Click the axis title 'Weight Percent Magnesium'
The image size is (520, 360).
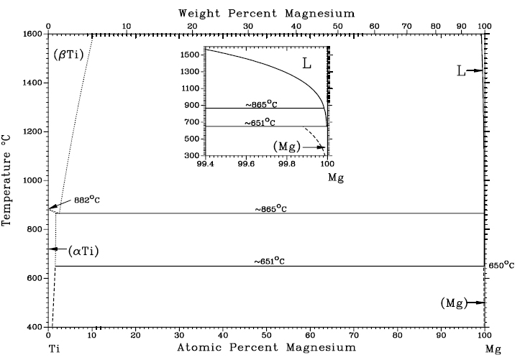pos(266,12)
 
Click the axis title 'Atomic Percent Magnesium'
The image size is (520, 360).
pos(266,347)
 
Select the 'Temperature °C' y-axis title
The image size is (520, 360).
pos(8,180)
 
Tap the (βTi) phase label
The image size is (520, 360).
pos(70,54)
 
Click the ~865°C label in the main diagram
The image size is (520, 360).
pos(270,209)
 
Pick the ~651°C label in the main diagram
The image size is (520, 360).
pos(270,262)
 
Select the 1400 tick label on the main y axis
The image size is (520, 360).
pos(32,83)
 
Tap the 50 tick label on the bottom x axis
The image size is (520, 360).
pos(266,335)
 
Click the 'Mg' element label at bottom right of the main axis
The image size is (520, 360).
pos(492,349)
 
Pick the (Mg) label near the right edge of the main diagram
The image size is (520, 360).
pos(453,303)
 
